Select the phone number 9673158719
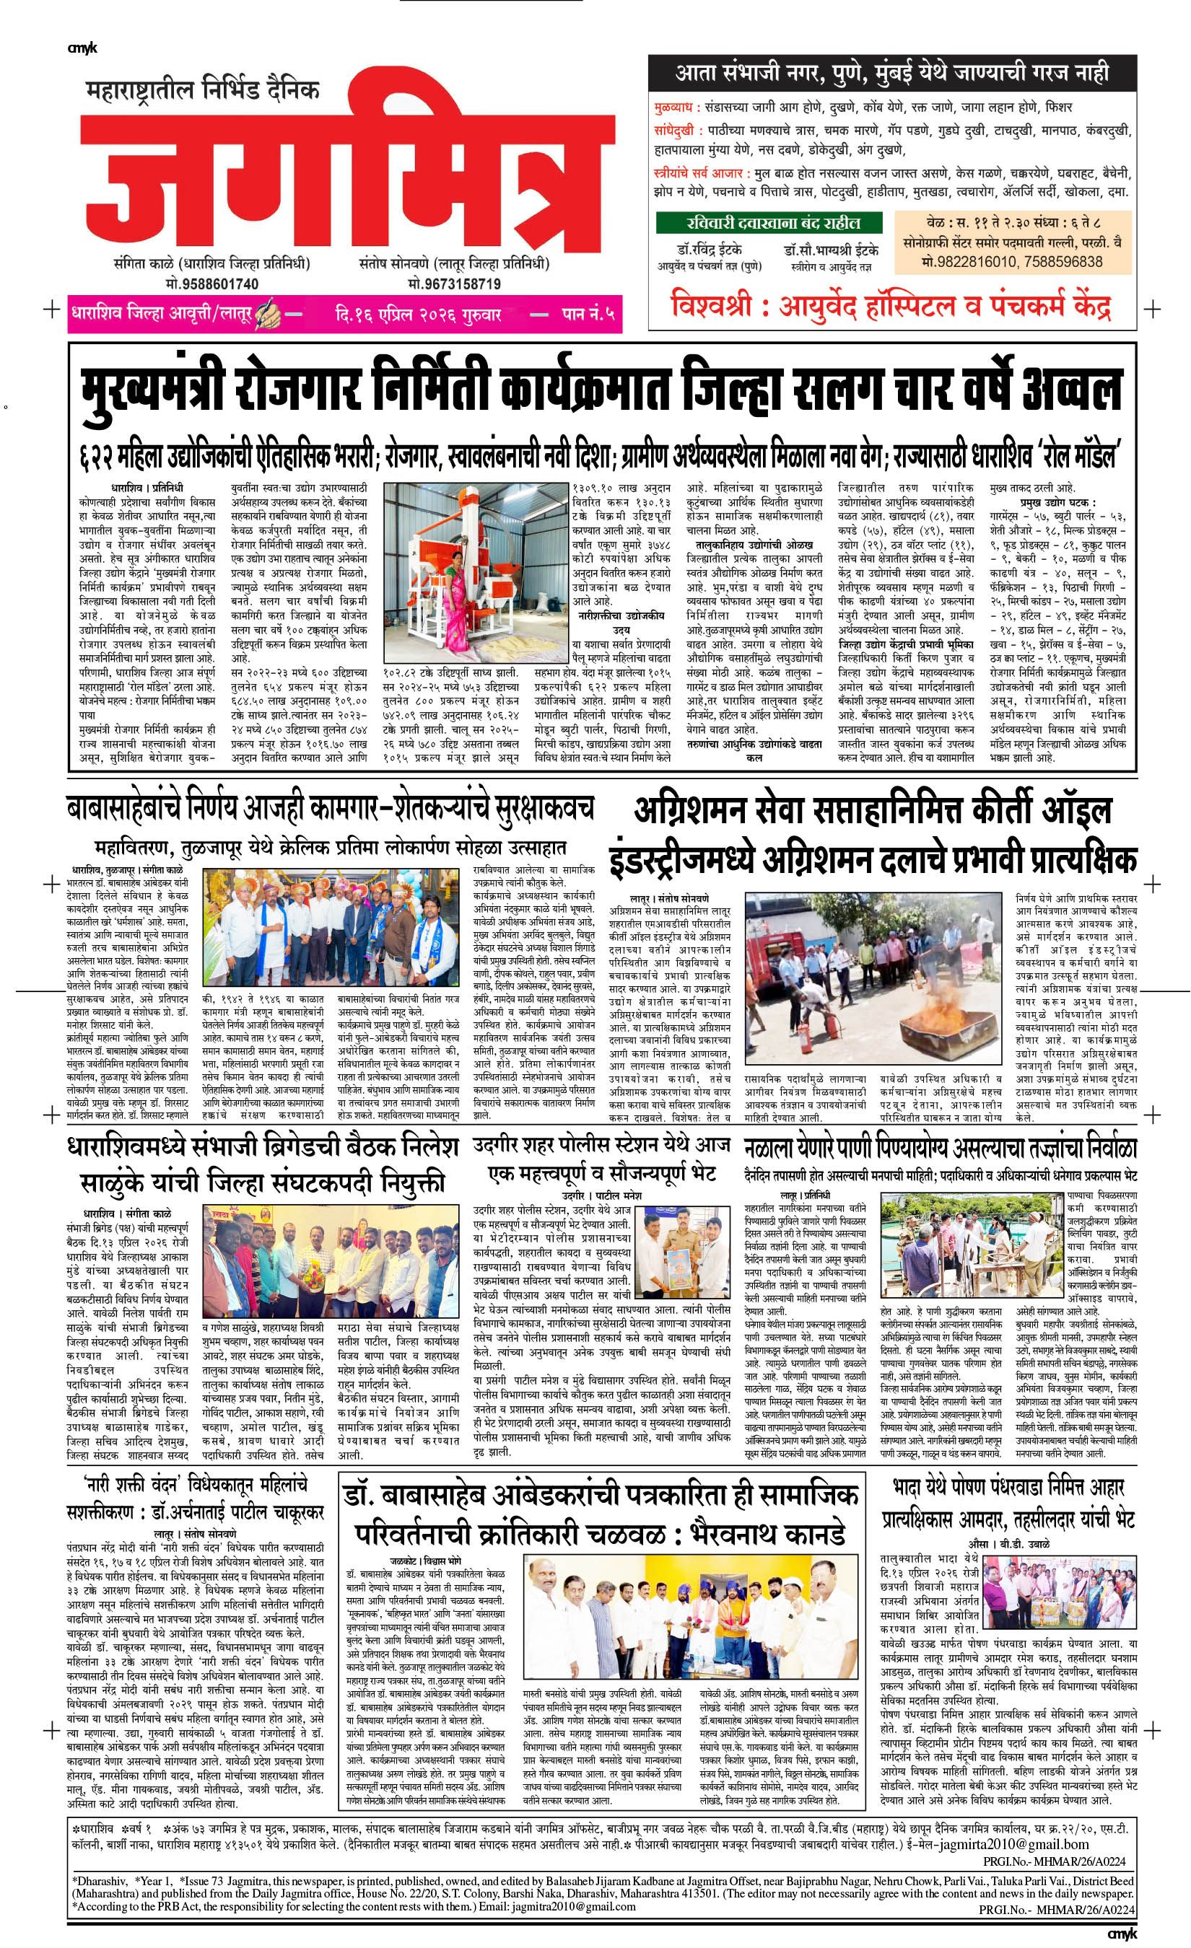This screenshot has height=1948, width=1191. pos(454,283)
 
